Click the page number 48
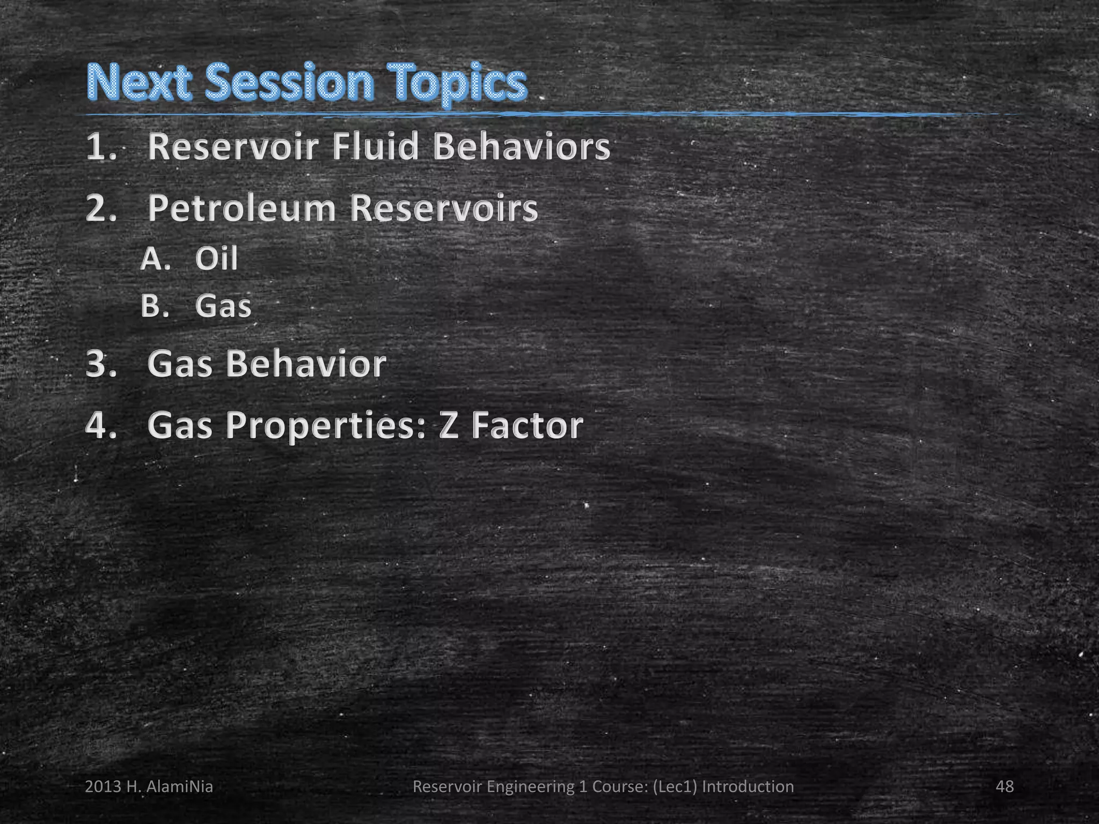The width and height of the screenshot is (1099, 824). (1005, 786)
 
